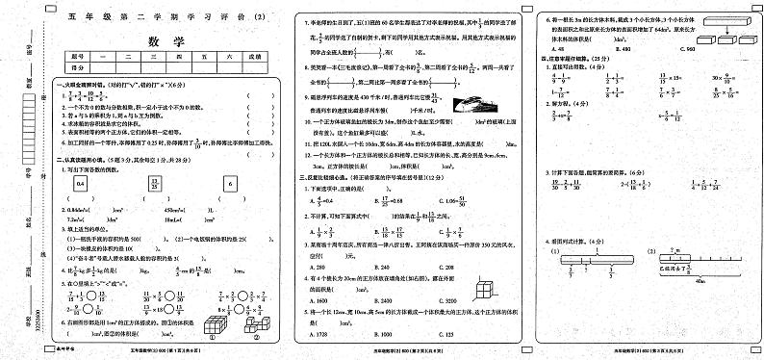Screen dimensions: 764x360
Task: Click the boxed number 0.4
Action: (x=81, y=183)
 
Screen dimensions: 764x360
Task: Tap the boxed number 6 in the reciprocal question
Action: (x=229, y=183)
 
